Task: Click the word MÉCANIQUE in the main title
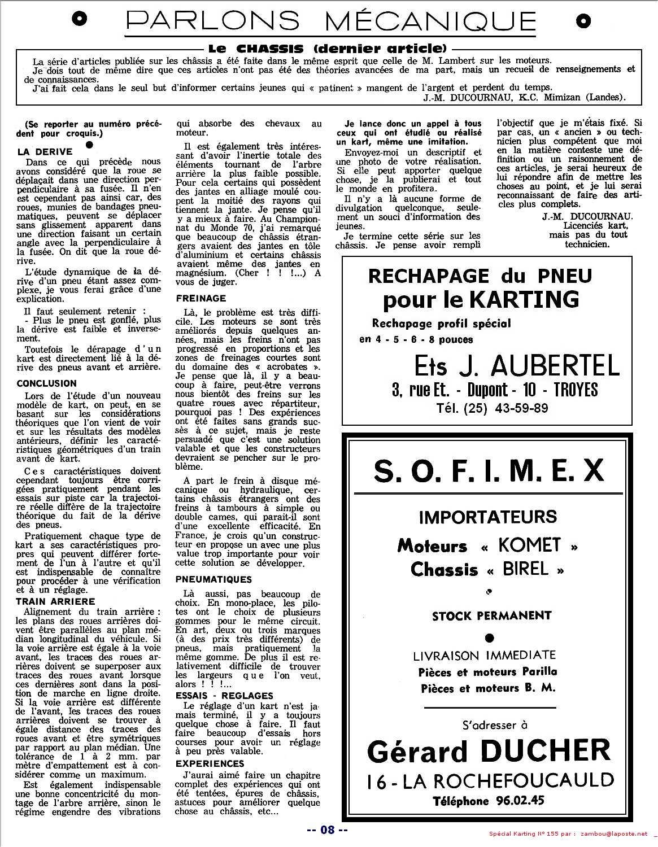pyautogui.click(x=430, y=21)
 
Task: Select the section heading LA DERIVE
pyautogui.click(x=45, y=152)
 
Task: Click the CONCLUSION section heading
pyautogui.click(x=46, y=383)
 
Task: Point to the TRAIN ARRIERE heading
pyautogui.click(x=55, y=602)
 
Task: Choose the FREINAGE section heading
pyautogui.click(x=201, y=298)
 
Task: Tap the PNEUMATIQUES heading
pyautogui.click(x=213, y=579)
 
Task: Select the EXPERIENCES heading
pyautogui.click(x=210, y=763)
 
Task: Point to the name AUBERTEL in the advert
pyautogui.click(x=556, y=366)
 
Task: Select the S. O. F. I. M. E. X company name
pyautogui.click(x=489, y=471)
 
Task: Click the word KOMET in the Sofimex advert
pyautogui.click(x=529, y=545)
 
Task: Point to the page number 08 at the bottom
pyautogui.click(x=328, y=829)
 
